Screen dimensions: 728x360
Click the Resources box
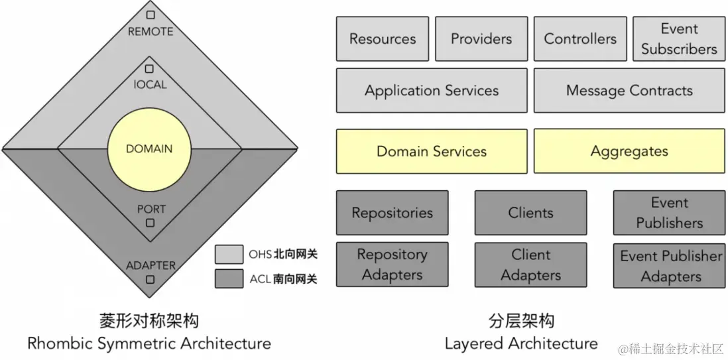click(x=382, y=39)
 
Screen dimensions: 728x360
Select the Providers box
click(x=481, y=39)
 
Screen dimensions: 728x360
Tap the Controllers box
click(x=580, y=39)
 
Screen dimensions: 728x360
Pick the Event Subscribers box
click(x=679, y=39)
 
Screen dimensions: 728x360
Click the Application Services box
click(x=432, y=91)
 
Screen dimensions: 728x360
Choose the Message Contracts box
click(x=630, y=91)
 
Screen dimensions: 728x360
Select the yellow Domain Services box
click(x=432, y=151)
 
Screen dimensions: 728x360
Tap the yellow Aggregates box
click(x=630, y=151)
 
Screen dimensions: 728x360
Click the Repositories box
click(x=392, y=213)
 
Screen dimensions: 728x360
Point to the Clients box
click(x=530, y=213)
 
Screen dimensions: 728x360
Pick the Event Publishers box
click(x=669, y=213)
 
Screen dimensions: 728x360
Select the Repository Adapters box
click(x=392, y=265)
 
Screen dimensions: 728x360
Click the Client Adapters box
click(x=530, y=265)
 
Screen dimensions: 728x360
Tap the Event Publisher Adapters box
click(x=669, y=265)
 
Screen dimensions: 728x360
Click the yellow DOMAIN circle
click(x=149, y=149)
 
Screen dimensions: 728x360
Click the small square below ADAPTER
click(x=150, y=280)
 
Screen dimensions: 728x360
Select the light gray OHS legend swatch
click(x=229, y=255)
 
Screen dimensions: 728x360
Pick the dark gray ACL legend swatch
click(x=229, y=278)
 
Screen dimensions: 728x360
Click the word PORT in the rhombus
click(x=151, y=209)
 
